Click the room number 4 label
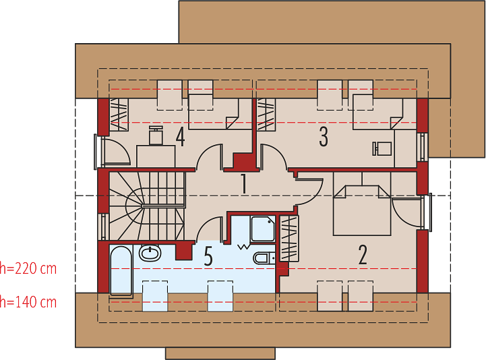[181, 137]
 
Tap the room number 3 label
[324, 137]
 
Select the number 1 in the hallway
[244, 183]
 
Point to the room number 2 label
[363, 255]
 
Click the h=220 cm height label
[28, 268]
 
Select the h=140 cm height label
[28, 302]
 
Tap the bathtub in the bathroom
[121, 270]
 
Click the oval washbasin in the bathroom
[150, 253]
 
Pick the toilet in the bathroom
[264, 258]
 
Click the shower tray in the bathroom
[262, 229]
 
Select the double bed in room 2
[362, 210]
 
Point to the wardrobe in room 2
[289, 238]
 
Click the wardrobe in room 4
[119, 115]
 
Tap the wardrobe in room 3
[266, 115]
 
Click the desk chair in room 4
[156, 136]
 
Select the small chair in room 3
[382, 148]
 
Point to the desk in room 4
[156, 156]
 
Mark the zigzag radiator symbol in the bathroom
[244, 247]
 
